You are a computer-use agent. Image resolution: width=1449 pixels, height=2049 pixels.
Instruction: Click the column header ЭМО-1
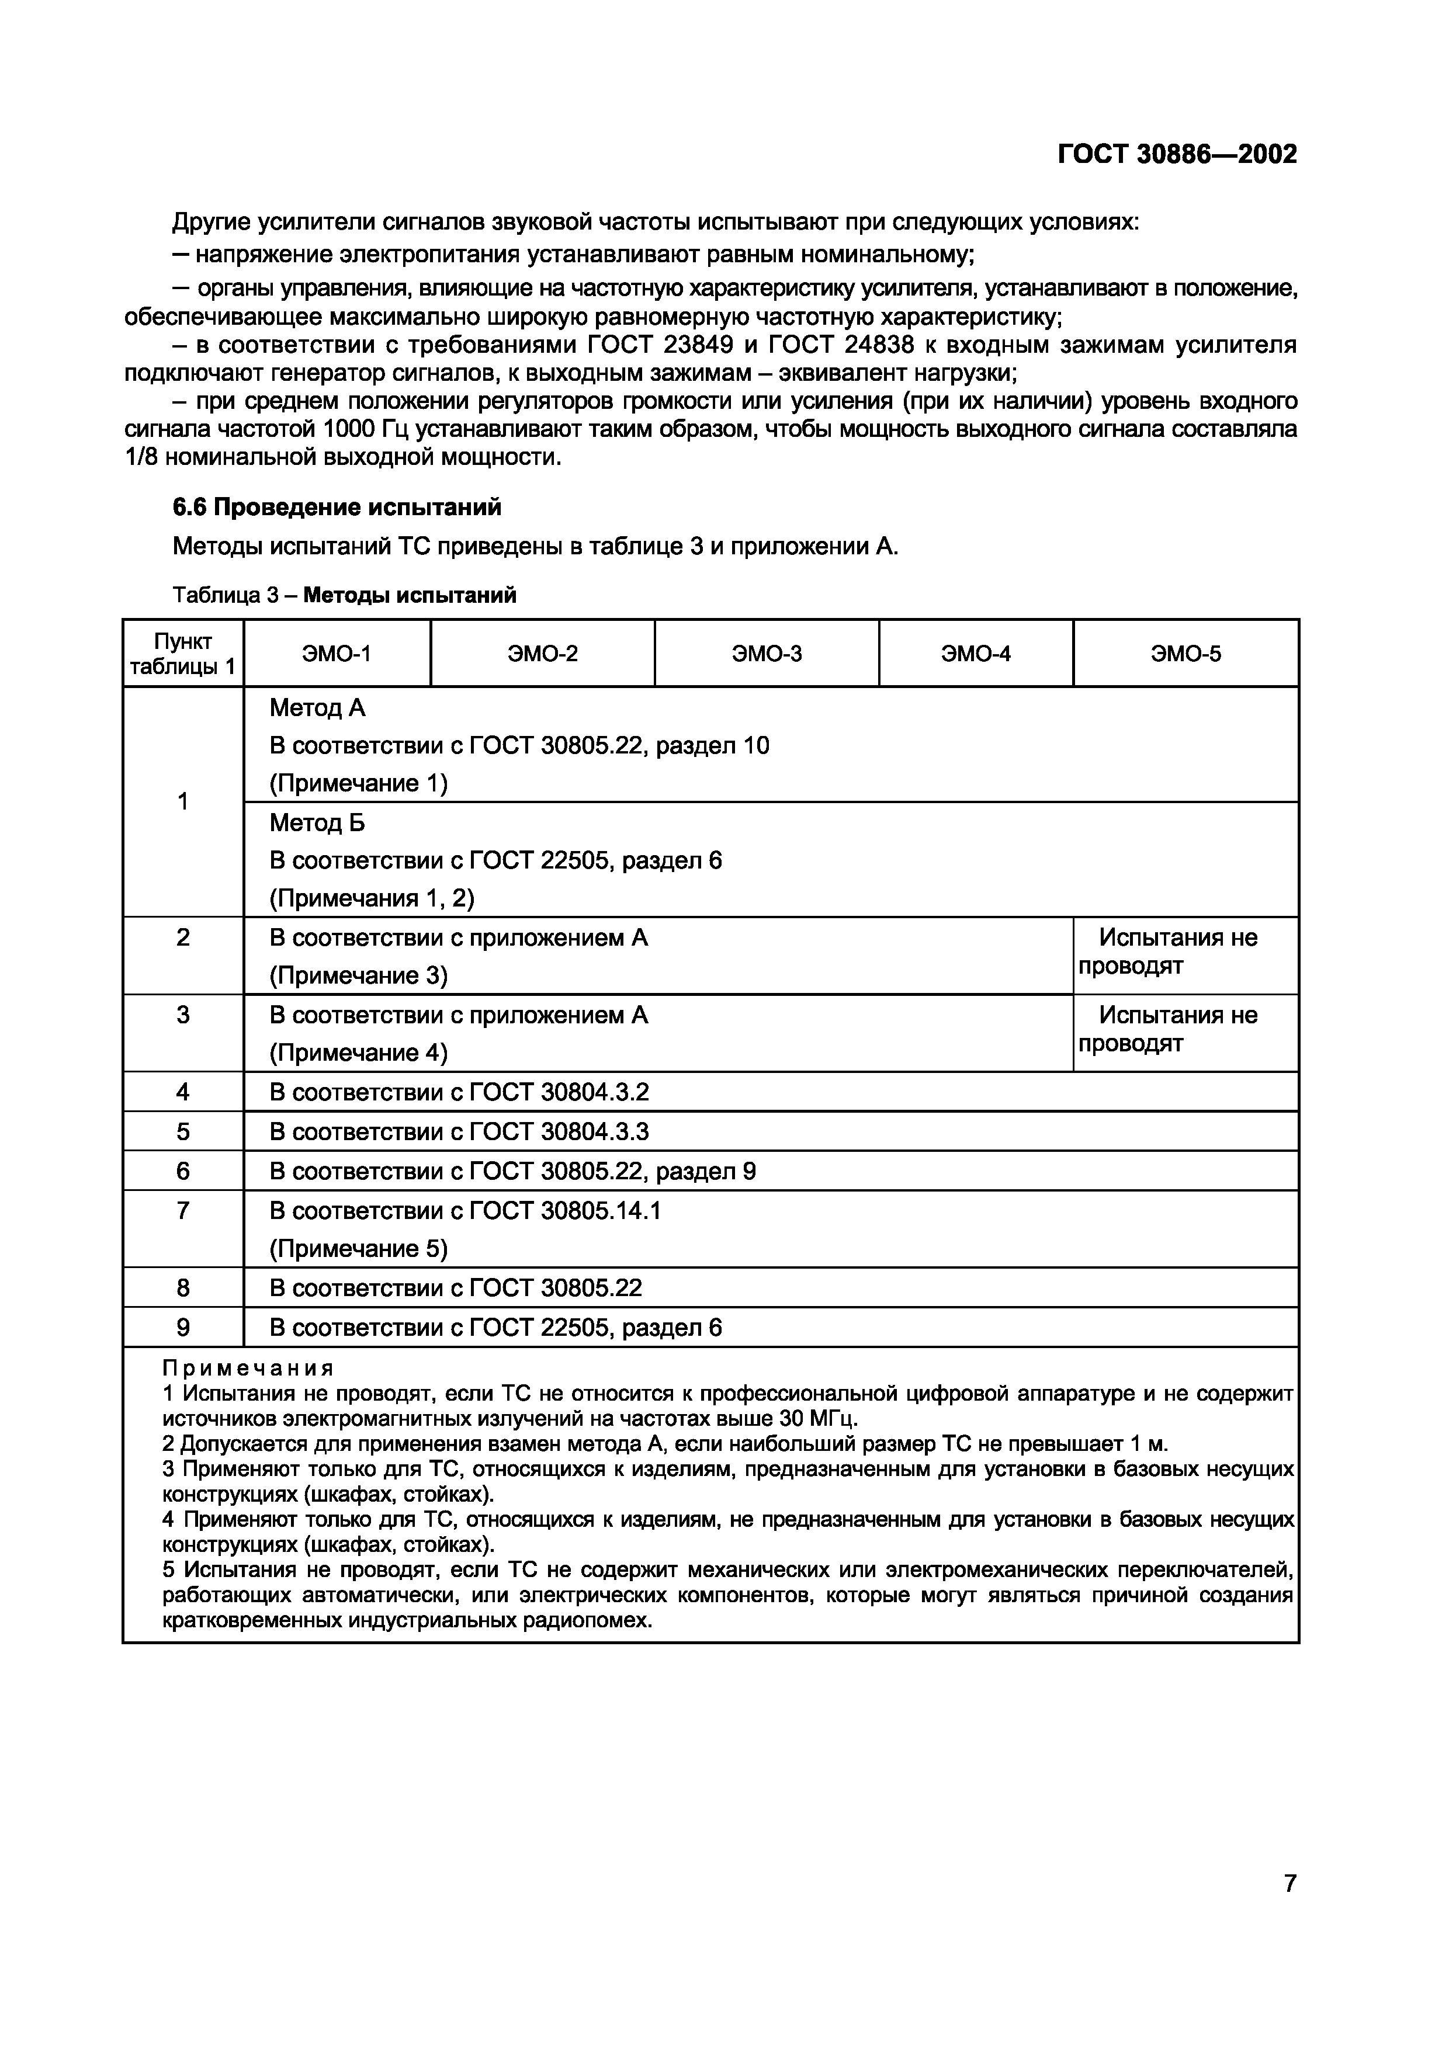point(337,653)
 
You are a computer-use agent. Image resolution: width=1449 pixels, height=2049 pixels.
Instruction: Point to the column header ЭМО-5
point(1185,653)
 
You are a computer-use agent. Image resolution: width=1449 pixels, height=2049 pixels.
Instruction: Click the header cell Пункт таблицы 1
point(182,653)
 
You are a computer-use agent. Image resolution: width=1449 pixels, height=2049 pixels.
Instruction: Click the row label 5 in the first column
point(182,1131)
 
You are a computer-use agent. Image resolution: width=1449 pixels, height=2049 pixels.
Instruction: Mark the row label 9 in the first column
point(182,1328)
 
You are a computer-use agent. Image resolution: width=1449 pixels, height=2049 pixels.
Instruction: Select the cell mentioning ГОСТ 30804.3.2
point(459,1092)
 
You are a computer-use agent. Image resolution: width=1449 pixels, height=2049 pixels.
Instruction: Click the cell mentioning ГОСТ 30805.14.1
point(465,1211)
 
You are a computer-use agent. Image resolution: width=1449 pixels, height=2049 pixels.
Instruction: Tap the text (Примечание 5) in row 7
point(358,1248)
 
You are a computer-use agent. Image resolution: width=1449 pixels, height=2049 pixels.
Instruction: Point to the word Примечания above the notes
point(248,1368)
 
